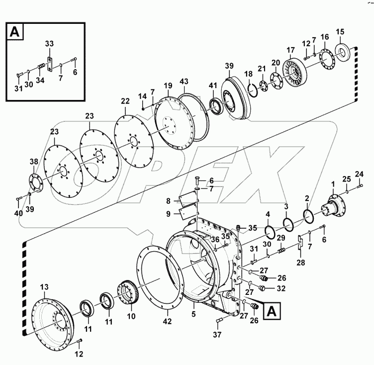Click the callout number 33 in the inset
(49, 44)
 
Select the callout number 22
(125, 101)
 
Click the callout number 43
(185, 81)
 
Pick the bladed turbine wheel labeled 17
(297, 72)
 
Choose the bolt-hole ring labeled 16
(325, 59)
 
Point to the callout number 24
(360, 174)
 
